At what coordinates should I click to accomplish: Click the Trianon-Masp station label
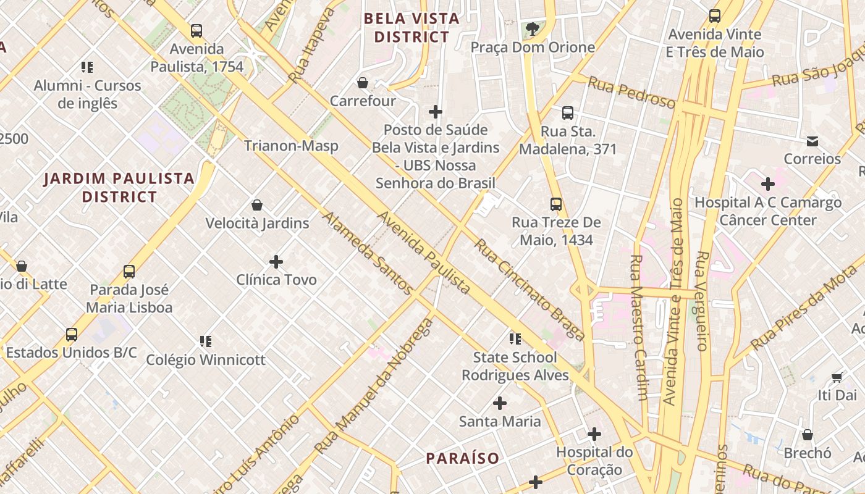coord(291,146)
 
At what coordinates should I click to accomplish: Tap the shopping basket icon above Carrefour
coord(363,83)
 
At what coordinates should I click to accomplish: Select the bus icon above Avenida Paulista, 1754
coord(196,30)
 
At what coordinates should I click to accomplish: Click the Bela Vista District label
coord(411,28)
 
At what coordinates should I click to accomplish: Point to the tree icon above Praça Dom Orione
coord(532,28)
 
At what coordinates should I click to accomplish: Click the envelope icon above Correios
coord(812,141)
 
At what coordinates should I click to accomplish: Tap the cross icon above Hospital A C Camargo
coord(767,184)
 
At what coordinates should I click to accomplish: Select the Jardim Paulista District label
coord(119,188)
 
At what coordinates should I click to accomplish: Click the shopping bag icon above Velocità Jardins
coord(257,205)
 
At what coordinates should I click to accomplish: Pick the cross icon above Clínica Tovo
coord(276,262)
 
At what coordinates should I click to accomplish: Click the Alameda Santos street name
coord(366,253)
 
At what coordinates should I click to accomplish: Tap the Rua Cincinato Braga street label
coord(529,290)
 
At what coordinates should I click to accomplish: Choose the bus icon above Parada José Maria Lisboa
coord(129,272)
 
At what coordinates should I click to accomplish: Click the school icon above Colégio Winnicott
coord(206,341)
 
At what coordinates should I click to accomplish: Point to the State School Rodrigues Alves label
coord(515,366)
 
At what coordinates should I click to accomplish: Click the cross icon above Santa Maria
coord(499,404)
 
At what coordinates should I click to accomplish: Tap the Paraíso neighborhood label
coord(463,458)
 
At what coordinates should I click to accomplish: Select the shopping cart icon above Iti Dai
coord(837,377)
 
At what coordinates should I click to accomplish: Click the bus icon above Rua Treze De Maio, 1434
coord(556,204)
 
